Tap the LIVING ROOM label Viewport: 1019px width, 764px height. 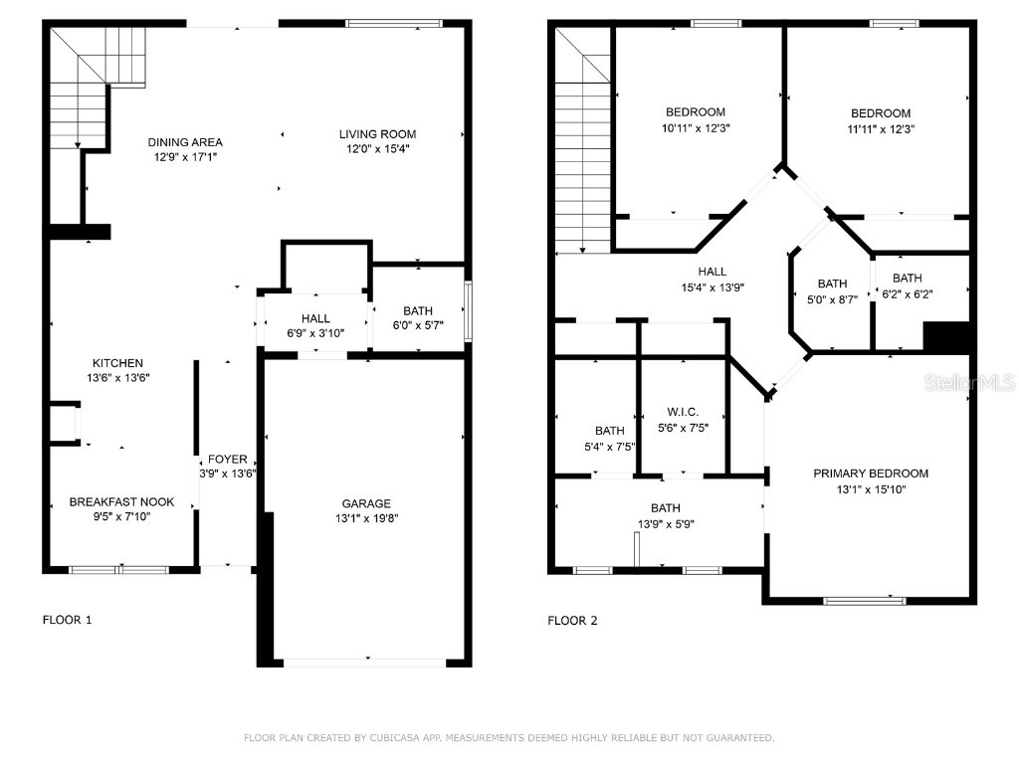(377, 134)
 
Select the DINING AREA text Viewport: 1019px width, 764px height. (185, 142)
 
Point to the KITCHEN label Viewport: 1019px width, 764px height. (117, 363)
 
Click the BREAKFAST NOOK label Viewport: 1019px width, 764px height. (121, 502)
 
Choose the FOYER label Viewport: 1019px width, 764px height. (227, 460)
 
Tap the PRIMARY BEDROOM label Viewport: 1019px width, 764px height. (871, 474)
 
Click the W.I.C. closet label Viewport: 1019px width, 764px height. (683, 412)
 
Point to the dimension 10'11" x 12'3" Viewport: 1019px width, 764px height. (695, 128)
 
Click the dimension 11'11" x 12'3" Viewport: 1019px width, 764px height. (881, 128)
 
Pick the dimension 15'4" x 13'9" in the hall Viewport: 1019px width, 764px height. (712, 286)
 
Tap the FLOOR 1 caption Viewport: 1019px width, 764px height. (67, 620)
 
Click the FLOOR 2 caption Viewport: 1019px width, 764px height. (572, 621)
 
